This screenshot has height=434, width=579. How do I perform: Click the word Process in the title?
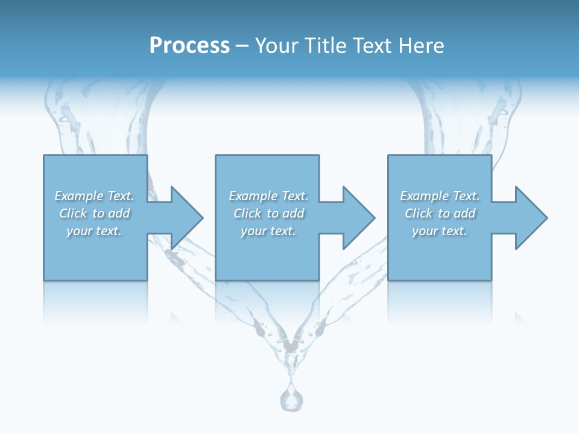click(x=189, y=46)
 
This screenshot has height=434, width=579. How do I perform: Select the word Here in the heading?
click(x=422, y=46)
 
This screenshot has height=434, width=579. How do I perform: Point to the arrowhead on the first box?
click(x=185, y=218)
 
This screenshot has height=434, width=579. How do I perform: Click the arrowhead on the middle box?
click(x=356, y=218)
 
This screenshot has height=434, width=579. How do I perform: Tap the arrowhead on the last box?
click(x=529, y=218)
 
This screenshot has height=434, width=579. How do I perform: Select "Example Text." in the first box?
click(x=94, y=196)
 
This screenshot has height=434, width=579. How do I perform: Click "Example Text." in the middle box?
click(x=268, y=196)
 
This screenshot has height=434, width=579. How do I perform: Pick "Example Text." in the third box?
click(x=440, y=196)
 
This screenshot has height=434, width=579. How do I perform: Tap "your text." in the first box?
click(x=94, y=231)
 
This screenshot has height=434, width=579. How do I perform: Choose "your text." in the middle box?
click(x=268, y=231)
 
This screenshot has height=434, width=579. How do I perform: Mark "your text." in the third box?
click(x=440, y=231)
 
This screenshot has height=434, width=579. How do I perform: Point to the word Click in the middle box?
click(x=247, y=213)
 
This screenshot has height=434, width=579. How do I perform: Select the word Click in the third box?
click(x=419, y=213)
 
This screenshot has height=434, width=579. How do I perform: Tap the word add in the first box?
click(x=119, y=213)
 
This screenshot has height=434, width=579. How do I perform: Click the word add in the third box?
click(x=465, y=213)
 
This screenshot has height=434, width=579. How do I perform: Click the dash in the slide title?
click(x=242, y=46)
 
